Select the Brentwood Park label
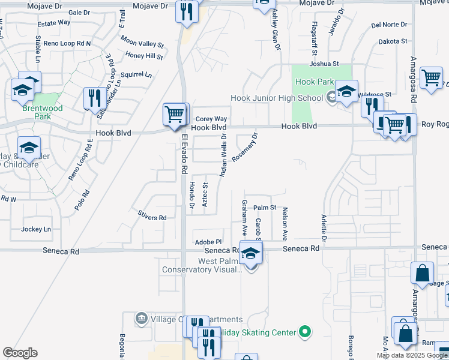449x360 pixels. point(38,109)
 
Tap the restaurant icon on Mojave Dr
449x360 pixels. point(187,11)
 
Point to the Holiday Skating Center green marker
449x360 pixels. point(305,332)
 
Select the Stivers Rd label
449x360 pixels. point(152,218)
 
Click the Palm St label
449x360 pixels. point(264,208)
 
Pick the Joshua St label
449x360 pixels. point(324,64)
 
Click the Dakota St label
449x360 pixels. point(393,42)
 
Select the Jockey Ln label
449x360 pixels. point(36,229)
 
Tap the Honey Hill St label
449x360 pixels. point(145,56)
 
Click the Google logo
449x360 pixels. point(20,353)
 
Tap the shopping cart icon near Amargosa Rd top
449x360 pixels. point(432,77)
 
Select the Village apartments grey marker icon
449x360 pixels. point(142,318)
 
